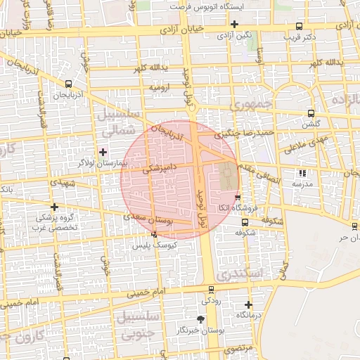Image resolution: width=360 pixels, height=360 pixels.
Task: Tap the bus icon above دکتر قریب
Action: (300, 25)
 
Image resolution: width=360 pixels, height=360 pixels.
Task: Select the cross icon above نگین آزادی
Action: (234, 24)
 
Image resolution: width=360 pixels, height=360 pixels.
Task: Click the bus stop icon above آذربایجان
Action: (67, 82)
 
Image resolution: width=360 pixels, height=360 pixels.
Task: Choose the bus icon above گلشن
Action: (310, 113)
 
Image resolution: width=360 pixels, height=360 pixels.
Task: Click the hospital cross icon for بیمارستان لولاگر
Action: (103, 152)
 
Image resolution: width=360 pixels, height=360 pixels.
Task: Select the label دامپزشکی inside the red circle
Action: (163, 169)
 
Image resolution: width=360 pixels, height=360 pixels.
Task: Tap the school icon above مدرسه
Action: (303, 173)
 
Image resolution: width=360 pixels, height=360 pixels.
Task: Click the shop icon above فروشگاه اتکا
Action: (238, 198)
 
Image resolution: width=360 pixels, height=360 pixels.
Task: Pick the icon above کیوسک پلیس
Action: (154, 235)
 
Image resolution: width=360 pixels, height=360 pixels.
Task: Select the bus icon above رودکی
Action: (211, 290)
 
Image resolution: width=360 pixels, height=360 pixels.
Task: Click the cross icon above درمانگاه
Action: (248, 304)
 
